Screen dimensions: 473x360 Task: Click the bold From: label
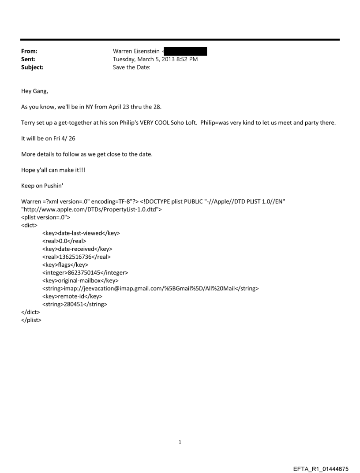29,52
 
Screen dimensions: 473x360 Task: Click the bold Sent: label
28,60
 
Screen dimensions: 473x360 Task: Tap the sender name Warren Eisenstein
136,52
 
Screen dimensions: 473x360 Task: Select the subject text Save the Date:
132,67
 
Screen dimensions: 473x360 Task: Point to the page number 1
180,442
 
